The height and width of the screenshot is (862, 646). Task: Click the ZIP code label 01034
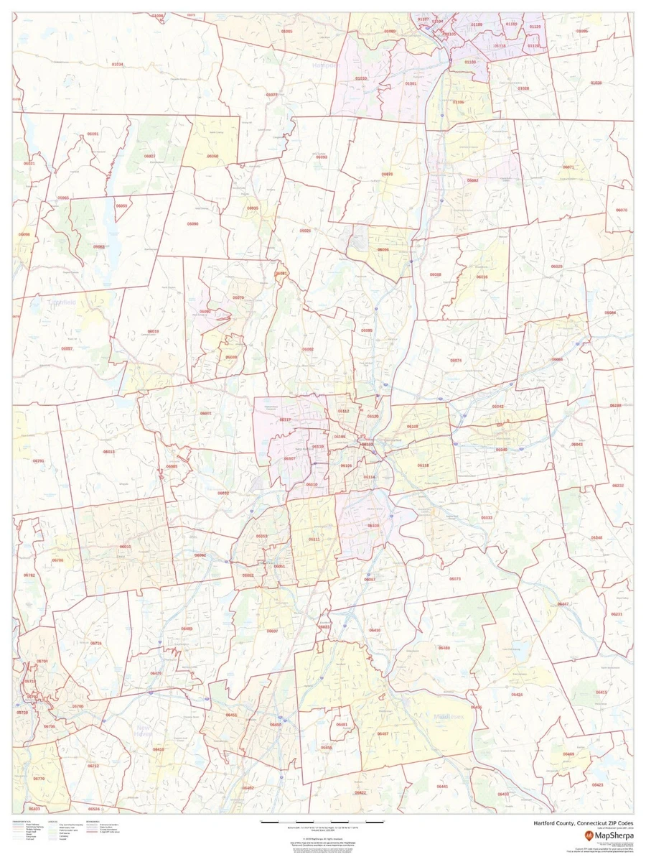[117, 65]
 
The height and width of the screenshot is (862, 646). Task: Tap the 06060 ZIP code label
[212, 156]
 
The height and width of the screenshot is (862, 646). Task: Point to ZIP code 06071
[568, 167]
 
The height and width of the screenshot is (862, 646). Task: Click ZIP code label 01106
[458, 102]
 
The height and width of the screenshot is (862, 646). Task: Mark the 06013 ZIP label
[109, 452]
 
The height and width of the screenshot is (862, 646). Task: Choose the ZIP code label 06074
[456, 360]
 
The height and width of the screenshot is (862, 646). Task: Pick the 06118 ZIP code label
[423, 465]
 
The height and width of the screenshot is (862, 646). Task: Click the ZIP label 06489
[186, 629]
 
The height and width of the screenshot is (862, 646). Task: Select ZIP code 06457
[383, 733]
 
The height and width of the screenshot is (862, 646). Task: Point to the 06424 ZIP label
[517, 695]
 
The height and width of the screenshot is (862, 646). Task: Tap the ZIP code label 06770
[39, 779]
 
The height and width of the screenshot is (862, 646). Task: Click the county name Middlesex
[451, 717]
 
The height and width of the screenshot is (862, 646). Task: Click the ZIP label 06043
[577, 445]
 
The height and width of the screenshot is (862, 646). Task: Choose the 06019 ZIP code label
[153, 331]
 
